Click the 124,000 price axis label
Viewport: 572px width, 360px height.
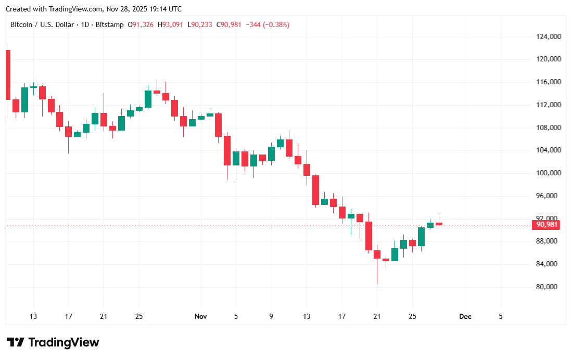coord(548,36)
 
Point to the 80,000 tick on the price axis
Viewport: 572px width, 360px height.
coord(548,287)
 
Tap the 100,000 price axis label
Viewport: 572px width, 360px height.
coord(548,173)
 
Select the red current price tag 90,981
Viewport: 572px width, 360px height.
coord(546,225)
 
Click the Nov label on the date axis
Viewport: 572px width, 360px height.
coord(201,316)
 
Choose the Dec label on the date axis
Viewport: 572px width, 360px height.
coord(465,316)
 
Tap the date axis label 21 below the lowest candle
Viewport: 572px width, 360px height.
coord(377,316)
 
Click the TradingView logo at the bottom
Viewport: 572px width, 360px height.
coord(53,342)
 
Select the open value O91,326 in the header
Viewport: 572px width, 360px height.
coord(141,24)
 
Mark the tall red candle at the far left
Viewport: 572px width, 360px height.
coord(8,74)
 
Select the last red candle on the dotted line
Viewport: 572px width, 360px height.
coord(439,224)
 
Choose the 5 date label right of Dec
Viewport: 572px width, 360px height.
coord(501,316)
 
